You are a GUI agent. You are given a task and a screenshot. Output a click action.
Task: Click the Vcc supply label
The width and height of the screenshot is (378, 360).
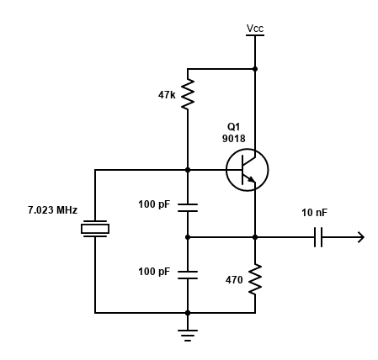(x=255, y=29)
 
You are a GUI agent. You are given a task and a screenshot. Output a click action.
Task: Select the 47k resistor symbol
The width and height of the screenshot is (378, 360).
(x=188, y=94)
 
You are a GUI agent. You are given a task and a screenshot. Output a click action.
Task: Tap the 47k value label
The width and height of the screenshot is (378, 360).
(x=167, y=95)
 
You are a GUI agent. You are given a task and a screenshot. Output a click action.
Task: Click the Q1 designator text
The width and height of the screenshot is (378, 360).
(x=233, y=127)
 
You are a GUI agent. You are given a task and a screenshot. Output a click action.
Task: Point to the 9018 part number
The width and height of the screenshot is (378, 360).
(x=234, y=139)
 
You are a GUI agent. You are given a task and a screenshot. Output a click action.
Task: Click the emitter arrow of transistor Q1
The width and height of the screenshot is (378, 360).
(x=252, y=179)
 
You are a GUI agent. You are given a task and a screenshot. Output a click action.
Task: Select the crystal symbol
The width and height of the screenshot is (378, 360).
(x=95, y=229)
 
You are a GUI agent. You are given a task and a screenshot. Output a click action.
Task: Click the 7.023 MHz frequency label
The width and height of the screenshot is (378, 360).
(x=52, y=210)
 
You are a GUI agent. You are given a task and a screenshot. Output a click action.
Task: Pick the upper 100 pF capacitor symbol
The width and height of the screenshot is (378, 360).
(x=188, y=208)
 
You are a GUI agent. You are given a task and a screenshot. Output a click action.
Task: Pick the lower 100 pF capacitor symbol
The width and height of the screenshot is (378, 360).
(x=188, y=275)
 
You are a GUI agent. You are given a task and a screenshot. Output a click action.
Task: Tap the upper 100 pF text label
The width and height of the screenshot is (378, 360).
(x=154, y=204)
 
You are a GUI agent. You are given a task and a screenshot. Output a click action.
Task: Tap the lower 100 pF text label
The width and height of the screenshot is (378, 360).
(x=154, y=272)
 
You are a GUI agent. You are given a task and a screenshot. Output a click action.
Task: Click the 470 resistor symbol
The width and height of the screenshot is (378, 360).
(x=255, y=279)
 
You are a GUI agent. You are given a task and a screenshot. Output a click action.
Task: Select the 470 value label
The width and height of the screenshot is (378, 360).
(x=234, y=280)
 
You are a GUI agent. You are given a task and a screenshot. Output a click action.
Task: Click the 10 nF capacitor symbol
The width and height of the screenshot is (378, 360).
(x=318, y=237)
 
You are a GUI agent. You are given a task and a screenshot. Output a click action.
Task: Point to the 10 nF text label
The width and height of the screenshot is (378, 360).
(x=314, y=213)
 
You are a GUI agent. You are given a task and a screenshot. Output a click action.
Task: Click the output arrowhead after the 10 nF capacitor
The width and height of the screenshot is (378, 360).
(x=361, y=237)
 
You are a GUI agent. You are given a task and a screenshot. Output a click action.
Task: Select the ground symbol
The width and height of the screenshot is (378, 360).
(x=188, y=336)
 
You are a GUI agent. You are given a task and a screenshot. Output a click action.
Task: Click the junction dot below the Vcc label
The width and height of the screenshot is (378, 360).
(x=255, y=69)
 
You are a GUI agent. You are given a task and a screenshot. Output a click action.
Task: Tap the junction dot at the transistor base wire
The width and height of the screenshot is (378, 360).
(x=188, y=170)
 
